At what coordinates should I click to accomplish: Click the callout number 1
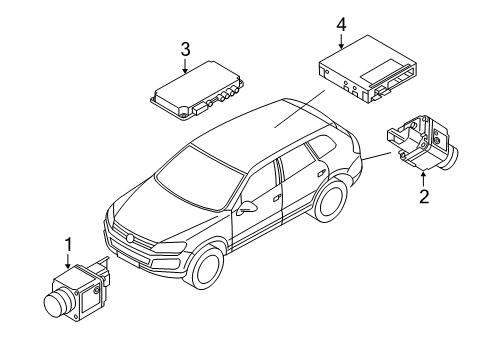[x=68, y=245]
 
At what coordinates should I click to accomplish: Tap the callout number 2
[x=424, y=196]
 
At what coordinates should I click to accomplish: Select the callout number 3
[x=185, y=49]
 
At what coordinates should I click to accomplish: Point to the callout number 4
[x=342, y=25]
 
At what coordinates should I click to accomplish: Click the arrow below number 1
[x=68, y=261]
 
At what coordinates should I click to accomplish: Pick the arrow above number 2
[x=424, y=179]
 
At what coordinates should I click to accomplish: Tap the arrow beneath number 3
[x=185, y=65]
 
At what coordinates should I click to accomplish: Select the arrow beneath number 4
[x=342, y=41]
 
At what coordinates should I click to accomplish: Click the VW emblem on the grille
[x=129, y=238]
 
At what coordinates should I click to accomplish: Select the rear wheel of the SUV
[x=330, y=201]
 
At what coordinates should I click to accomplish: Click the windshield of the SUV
[x=200, y=179]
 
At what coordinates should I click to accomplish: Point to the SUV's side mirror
[x=247, y=207]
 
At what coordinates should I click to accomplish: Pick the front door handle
[x=276, y=198]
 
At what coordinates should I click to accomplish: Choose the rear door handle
[x=321, y=173]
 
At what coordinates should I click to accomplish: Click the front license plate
[x=128, y=260]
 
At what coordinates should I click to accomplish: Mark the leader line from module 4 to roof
[x=300, y=109]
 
